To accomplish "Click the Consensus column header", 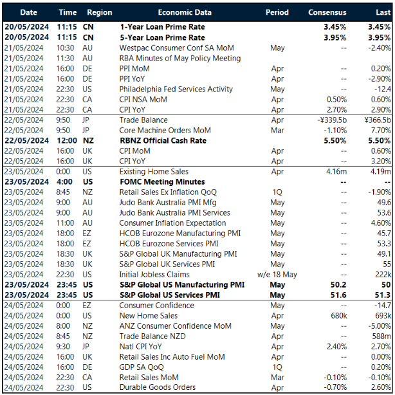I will (327, 12).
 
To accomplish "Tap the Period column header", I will (277, 12).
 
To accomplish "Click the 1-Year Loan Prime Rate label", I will (163, 27).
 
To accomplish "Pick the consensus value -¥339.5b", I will (329, 120).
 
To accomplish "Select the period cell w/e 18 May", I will (277, 275).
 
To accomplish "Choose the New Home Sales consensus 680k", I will (336, 316).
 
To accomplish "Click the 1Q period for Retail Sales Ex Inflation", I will (277, 192).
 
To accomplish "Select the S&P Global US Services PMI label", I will (173, 295).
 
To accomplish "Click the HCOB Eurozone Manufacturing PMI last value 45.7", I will (381, 234).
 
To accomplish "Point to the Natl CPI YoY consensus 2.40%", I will (333, 347).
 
